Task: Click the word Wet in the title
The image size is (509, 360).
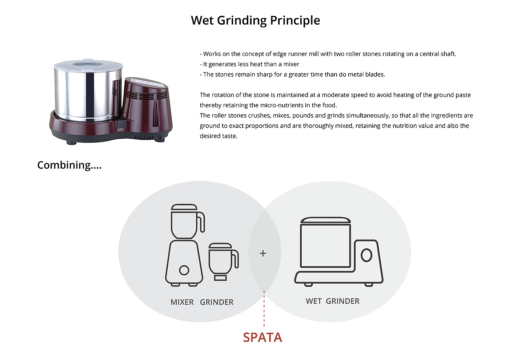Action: click(x=202, y=20)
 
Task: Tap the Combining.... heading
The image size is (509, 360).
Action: click(x=69, y=165)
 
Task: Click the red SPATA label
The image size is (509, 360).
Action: click(x=262, y=337)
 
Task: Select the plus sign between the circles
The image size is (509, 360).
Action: click(x=263, y=253)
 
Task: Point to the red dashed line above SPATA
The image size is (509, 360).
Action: click(x=264, y=309)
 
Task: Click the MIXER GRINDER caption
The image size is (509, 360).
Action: click(x=202, y=302)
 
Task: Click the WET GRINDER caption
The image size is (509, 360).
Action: click(x=332, y=301)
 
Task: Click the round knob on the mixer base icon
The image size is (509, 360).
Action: click(x=184, y=270)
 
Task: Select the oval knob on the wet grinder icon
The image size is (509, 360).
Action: click(x=366, y=255)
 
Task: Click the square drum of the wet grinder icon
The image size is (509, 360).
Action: click(x=325, y=245)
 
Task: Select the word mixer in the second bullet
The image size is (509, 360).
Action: click(x=291, y=64)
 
